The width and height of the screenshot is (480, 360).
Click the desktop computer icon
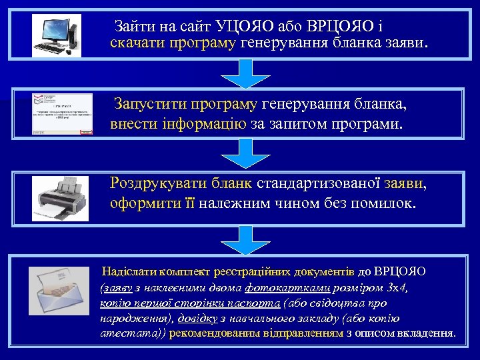coord(57,35)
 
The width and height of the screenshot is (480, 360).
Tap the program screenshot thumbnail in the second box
coord(63,114)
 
